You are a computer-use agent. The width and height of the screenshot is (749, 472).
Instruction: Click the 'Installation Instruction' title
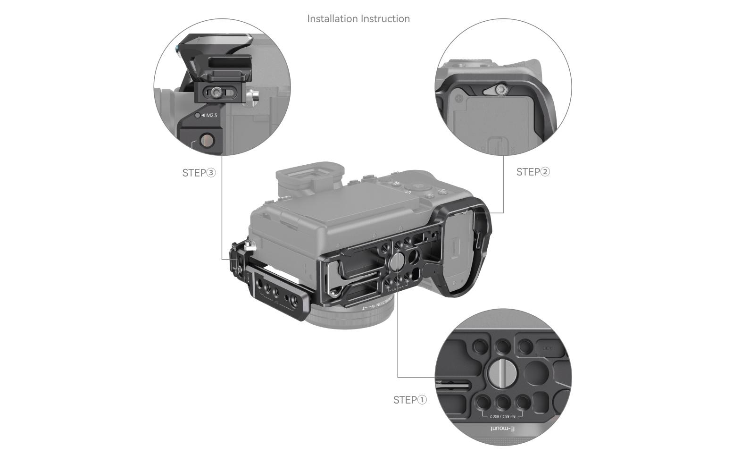tap(358, 19)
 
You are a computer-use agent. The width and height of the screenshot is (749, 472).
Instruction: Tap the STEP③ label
tap(199, 173)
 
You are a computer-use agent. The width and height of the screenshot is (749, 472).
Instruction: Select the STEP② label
tap(533, 172)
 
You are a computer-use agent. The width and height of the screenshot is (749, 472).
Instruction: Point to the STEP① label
tap(410, 400)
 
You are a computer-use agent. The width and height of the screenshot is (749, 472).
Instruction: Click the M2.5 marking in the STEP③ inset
tap(211, 115)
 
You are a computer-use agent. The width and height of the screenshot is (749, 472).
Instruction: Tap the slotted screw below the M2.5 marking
tap(207, 140)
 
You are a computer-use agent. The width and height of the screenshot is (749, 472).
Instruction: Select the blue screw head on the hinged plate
tap(176, 48)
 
